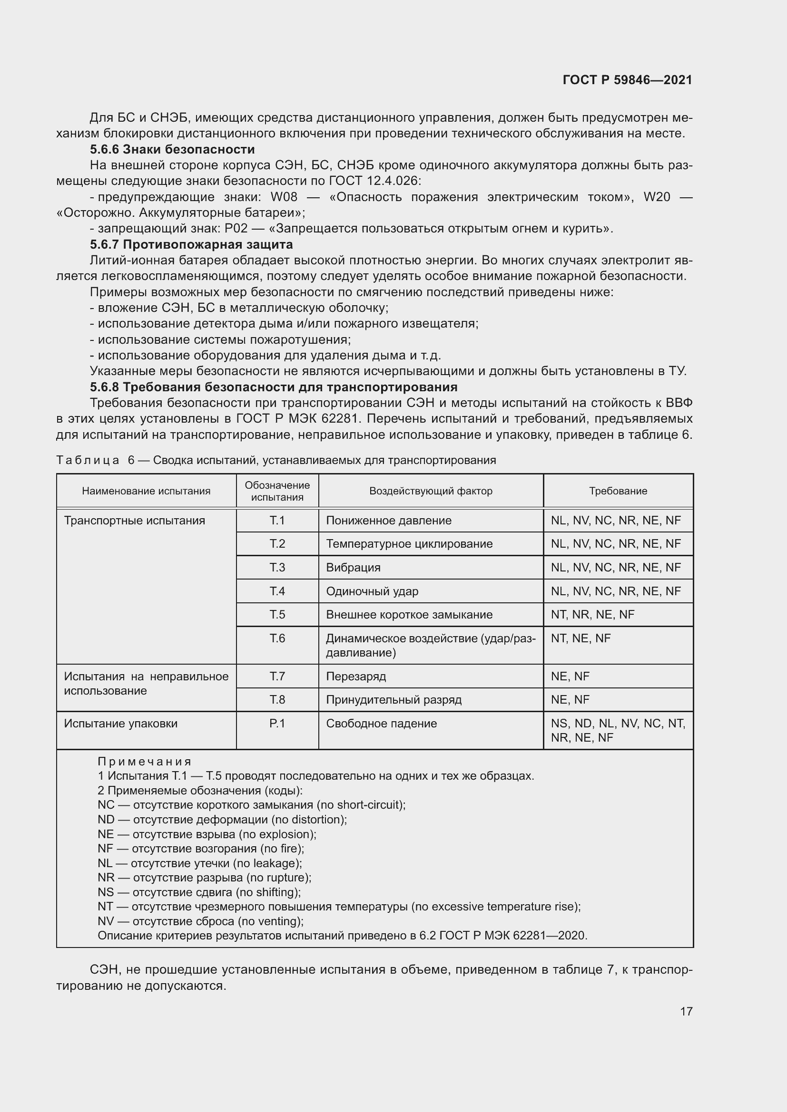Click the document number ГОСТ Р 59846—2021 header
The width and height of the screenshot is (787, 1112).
pyautogui.click(x=627, y=80)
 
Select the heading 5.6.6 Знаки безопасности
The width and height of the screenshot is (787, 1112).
pyautogui.click(x=172, y=149)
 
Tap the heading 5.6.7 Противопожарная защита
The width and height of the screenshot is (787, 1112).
pyautogui.click(x=191, y=244)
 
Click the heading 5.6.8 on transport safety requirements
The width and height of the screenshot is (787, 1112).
pyautogui.click(x=273, y=387)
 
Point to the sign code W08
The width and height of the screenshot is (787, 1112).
pyautogui.click(x=284, y=197)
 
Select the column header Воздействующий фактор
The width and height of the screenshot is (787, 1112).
pyautogui.click(x=430, y=491)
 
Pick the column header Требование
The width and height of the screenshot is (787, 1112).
pyautogui.click(x=618, y=491)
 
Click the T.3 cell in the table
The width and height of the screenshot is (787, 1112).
pyautogui.click(x=277, y=567)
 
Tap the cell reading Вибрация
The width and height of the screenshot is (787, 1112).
pyautogui.click(x=353, y=567)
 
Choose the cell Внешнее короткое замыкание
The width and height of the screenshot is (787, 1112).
pyautogui.click(x=409, y=615)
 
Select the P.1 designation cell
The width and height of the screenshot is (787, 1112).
pyautogui.click(x=277, y=723)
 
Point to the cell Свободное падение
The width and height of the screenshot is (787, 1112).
pyautogui.click(x=382, y=723)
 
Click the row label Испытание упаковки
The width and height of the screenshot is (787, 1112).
pyautogui.click(x=121, y=723)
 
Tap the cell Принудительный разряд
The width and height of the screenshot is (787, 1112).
pyautogui.click(x=393, y=699)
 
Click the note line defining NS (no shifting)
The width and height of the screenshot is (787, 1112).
pyautogui.click(x=199, y=892)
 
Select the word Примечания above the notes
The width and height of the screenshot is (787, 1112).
pyautogui.click(x=145, y=762)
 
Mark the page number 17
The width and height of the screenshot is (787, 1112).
pyautogui.click(x=686, y=1011)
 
